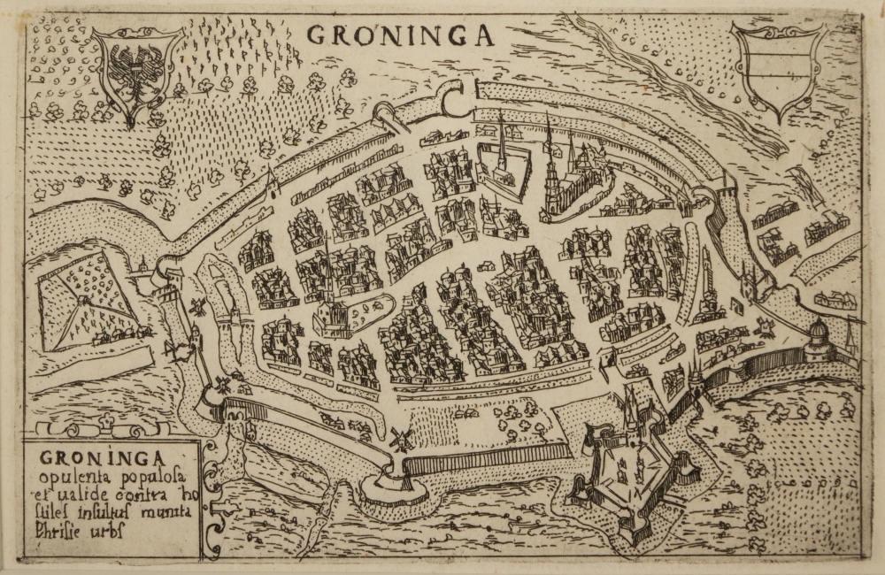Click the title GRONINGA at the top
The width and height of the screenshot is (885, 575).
coord(400,34)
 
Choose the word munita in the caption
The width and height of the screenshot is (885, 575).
coord(162,513)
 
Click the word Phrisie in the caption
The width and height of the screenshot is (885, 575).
coord(64,532)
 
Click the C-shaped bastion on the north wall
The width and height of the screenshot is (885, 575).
coord(454,97)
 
